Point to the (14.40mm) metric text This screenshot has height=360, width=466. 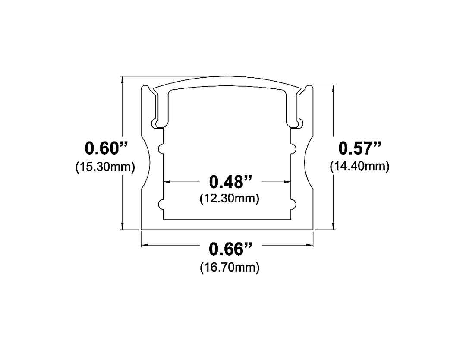[360, 166]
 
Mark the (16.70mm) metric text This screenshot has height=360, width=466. [230, 267]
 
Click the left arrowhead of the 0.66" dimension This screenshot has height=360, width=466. [144, 245]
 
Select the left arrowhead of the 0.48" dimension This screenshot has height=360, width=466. [166, 182]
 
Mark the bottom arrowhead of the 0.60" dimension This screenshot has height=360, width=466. [123, 227]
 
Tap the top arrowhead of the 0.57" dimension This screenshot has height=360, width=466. [334, 88]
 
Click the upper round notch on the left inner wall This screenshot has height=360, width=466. [161, 148]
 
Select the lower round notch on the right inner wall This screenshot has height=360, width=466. [293, 204]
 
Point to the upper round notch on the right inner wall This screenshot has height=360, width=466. [293, 148]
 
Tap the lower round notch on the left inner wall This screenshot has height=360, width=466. [161, 204]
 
